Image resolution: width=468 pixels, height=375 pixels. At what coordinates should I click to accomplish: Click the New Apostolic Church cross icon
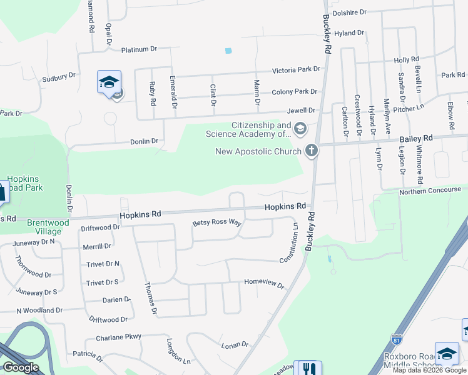pyautogui.click(x=311, y=150)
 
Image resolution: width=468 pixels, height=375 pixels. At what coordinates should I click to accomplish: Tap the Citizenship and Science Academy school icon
pyautogui.click(x=300, y=129)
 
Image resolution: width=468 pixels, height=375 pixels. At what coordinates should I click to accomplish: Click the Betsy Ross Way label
pyautogui.click(x=216, y=222)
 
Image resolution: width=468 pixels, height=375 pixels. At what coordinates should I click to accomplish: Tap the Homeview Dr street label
pyautogui.click(x=264, y=283)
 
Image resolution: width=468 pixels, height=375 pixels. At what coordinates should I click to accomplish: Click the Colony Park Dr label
pyautogui.click(x=295, y=91)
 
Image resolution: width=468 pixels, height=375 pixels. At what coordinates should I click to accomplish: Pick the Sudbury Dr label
pyautogui.click(x=58, y=77)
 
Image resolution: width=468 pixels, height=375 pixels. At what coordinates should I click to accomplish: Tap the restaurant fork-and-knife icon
pyautogui.click(x=308, y=369)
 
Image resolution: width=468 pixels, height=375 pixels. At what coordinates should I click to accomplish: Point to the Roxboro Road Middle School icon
pyautogui.click(x=447, y=353)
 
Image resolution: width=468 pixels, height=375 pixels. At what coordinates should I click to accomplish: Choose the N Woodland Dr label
pyautogui.click(x=36, y=310)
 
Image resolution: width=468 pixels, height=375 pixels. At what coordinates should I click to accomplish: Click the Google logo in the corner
pyautogui.click(x=21, y=367)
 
